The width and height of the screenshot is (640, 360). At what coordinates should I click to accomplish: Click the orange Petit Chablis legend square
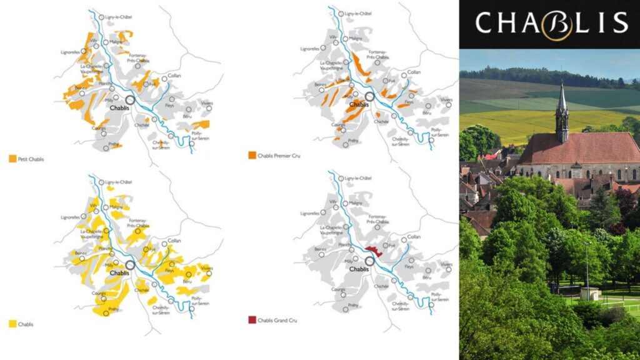[13, 159]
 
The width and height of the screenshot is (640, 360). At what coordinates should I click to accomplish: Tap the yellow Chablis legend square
[13, 324]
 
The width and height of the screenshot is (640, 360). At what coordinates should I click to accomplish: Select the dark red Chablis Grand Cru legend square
[252, 321]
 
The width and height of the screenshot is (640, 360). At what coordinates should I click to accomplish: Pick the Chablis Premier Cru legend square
[252, 155]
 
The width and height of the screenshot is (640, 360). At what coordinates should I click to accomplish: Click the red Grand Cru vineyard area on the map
[374, 251]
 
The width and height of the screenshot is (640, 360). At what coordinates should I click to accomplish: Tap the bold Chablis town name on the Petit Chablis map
[119, 107]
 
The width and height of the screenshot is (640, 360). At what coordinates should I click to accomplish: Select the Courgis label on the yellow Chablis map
[97, 293]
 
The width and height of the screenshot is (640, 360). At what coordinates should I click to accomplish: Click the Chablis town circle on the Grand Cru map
[369, 261]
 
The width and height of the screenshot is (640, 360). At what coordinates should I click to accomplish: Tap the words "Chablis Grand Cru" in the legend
[279, 321]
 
